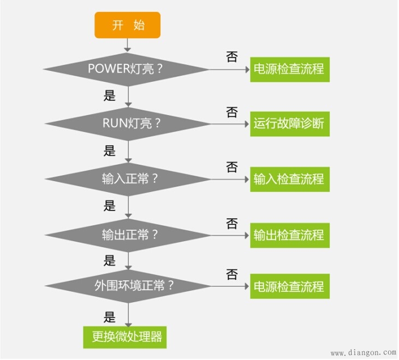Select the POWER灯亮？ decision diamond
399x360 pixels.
126,69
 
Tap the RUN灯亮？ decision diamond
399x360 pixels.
128,123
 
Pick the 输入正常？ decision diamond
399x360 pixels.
128,179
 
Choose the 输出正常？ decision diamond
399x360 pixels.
128,235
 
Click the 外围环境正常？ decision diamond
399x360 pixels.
128,286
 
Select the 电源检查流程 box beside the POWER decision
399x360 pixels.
289,69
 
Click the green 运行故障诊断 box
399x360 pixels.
289,123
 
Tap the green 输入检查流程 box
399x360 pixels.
289,179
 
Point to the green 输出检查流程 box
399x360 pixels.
289,235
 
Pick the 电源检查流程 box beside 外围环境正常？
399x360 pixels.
289,286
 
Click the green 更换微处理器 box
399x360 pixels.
125,337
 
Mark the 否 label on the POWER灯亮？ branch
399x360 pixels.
232,57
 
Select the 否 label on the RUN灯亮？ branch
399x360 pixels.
232,112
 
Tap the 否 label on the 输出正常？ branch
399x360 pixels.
232,223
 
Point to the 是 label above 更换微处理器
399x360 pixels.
110,316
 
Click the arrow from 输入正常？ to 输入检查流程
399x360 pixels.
230,179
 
